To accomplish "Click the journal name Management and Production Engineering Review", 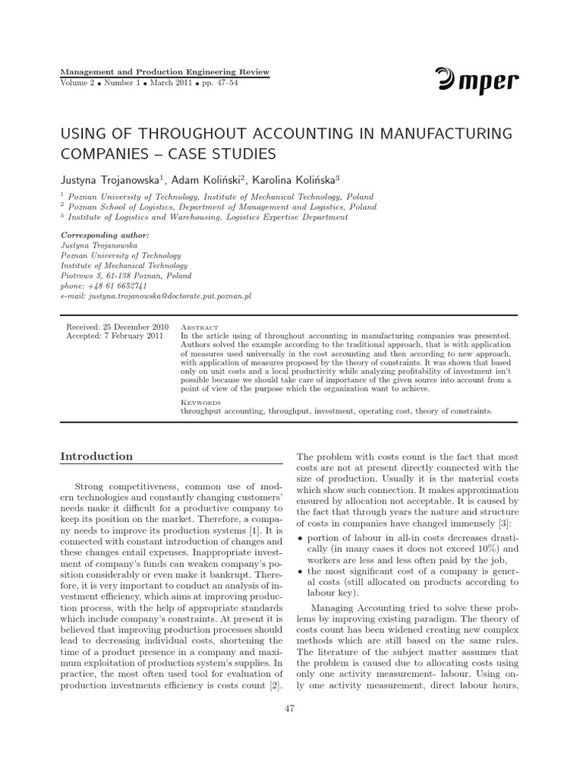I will tap(164, 71).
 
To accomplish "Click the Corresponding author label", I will tap(104, 236).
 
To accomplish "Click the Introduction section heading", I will tap(96, 457).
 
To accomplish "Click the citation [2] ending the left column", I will tap(274, 686).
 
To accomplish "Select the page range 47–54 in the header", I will tap(225, 82).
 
